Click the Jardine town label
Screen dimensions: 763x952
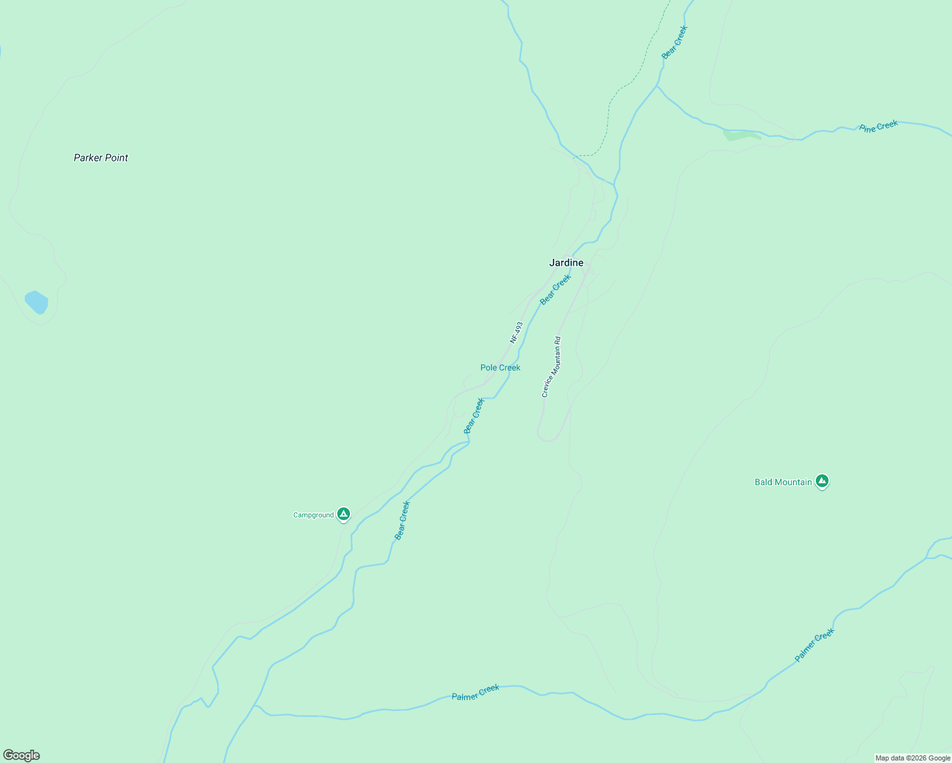pyautogui.click(x=566, y=263)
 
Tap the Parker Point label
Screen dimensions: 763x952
pyautogui.click(x=101, y=158)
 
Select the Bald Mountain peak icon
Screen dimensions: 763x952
pyautogui.click(x=822, y=481)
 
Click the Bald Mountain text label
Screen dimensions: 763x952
pyautogui.click(x=783, y=482)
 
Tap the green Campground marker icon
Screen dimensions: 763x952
pyautogui.click(x=344, y=514)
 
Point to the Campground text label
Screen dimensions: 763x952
pyautogui.click(x=313, y=515)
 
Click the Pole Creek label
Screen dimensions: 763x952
pyautogui.click(x=500, y=368)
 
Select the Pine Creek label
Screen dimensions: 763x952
pyautogui.click(x=878, y=126)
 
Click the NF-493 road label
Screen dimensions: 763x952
pyautogui.click(x=516, y=332)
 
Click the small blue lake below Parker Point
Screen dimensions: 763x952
pyautogui.click(x=36, y=302)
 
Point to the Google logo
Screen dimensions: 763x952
pyautogui.click(x=21, y=755)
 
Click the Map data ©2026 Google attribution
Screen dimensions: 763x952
pyautogui.click(x=912, y=758)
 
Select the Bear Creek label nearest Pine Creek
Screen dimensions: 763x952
pyautogui.click(x=675, y=42)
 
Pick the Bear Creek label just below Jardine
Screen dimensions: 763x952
pyautogui.click(x=556, y=289)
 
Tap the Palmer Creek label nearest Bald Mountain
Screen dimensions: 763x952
pyautogui.click(x=814, y=645)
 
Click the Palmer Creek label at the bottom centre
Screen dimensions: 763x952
pyautogui.click(x=475, y=692)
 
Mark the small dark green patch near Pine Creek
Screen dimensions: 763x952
pyautogui.click(x=741, y=135)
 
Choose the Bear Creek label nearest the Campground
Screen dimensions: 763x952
pyautogui.click(x=402, y=520)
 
